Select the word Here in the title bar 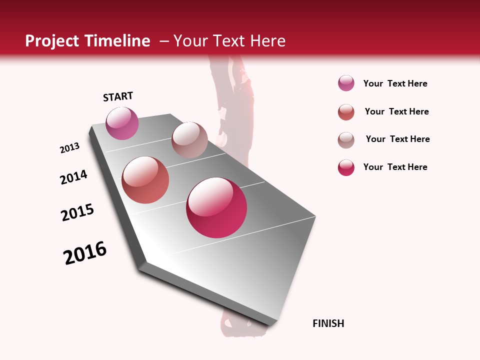267,41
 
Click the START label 118,96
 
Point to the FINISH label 328,323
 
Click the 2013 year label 69,148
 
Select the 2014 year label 73,177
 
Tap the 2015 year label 77,212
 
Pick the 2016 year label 85,253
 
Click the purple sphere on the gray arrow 122,123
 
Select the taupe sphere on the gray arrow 189,140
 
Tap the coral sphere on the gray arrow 145,180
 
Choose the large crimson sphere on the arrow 216,207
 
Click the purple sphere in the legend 346,83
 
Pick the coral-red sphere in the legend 346,112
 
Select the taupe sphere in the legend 346,140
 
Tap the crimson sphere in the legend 346,167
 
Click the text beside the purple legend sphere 395,83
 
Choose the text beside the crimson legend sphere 395,167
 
